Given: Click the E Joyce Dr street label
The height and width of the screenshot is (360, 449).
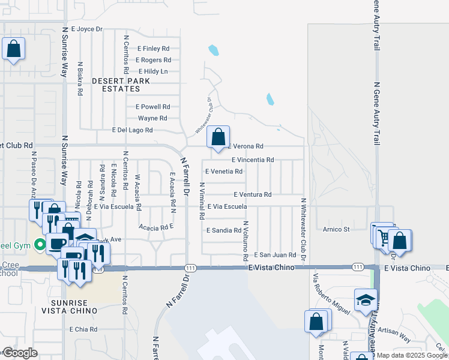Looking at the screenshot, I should click(87, 28).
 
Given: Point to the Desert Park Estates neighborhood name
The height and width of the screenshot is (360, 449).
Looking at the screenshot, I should click(116, 84).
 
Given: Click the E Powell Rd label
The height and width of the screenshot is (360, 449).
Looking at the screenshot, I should click(153, 107).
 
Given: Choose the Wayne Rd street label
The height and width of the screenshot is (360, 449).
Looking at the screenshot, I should click(152, 118).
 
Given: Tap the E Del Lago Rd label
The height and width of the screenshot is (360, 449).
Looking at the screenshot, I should click(133, 130).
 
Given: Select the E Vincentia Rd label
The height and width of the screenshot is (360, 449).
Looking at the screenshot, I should click(253, 160).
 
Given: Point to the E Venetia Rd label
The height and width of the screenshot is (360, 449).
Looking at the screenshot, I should click(224, 172).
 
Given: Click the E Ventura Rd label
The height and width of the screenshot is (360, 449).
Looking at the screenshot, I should click(253, 194).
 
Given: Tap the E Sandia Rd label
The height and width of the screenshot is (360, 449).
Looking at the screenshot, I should click(223, 230).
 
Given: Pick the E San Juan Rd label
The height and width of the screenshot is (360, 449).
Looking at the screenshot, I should click(276, 255).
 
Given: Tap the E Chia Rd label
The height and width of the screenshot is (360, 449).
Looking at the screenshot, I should click(83, 329).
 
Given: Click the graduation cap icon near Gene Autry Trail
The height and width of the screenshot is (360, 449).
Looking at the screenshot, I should click(366, 300).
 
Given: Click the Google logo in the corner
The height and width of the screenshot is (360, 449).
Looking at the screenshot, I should click(19, 353).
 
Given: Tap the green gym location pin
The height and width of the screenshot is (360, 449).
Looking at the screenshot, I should click(40, 244).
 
